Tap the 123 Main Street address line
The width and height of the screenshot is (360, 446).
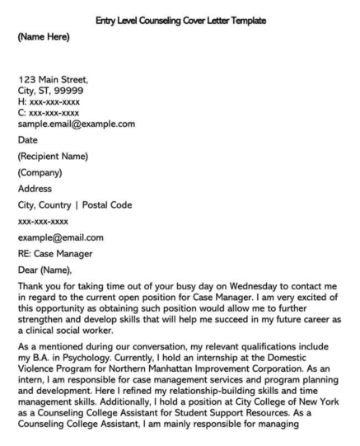coord(58,79)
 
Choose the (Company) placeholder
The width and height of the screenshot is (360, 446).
coord(44,172)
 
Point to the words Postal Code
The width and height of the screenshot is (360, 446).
coord(132,204)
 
